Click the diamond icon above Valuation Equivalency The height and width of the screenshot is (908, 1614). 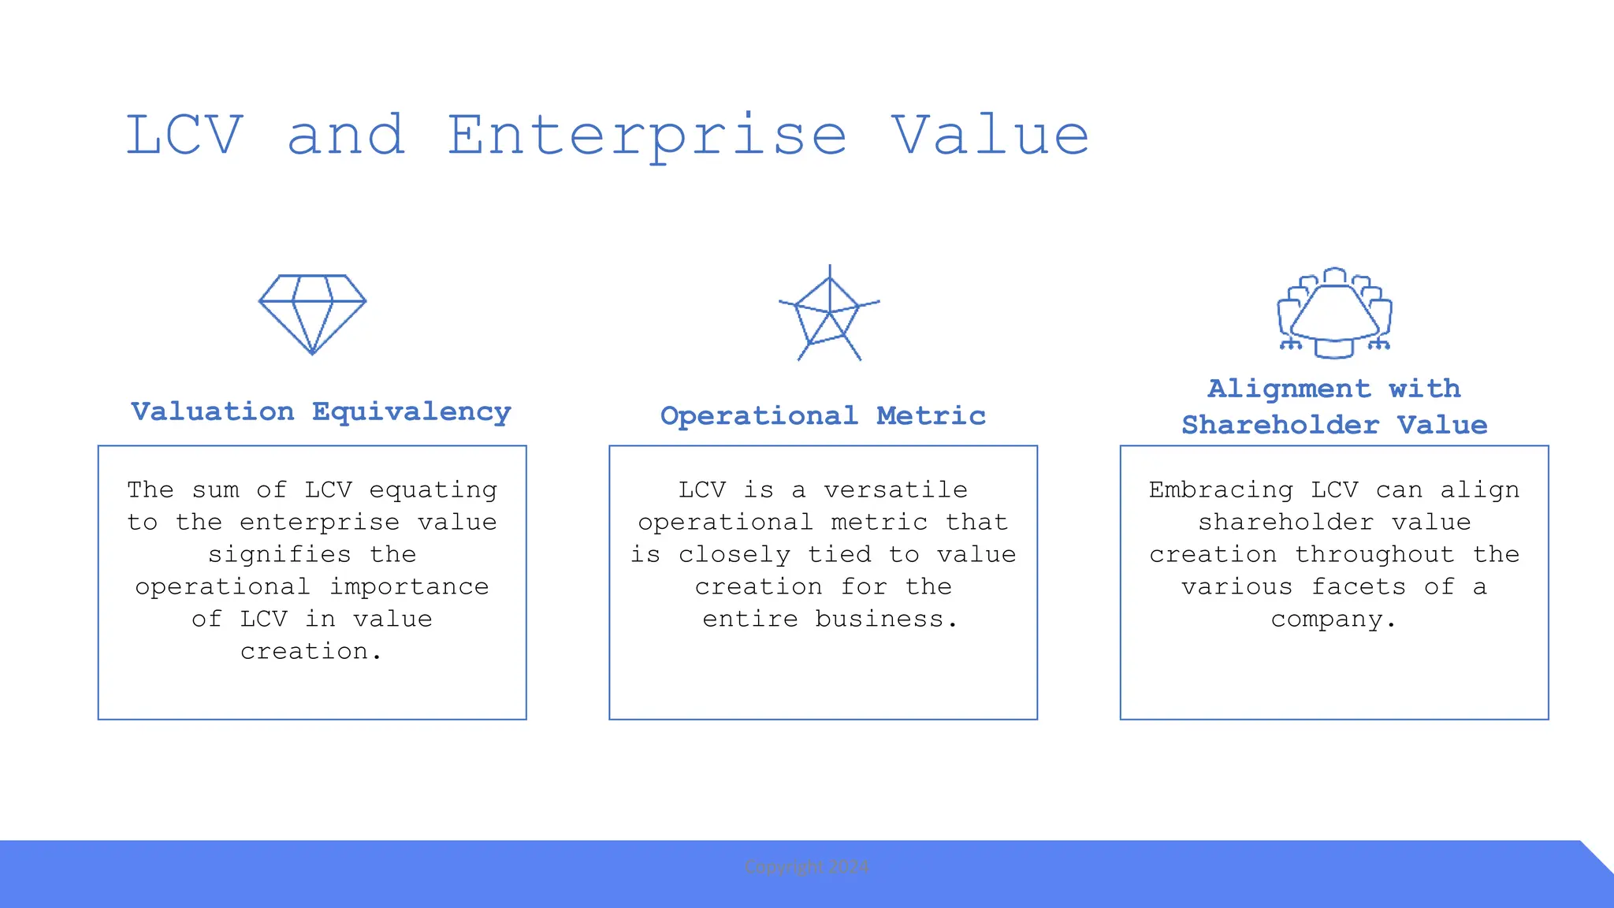tap(312, 314)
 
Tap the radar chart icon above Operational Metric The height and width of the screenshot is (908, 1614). tap(828, 314)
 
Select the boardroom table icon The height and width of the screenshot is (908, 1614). tap(1334, 314)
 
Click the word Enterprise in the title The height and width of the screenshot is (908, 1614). tap(647, 136)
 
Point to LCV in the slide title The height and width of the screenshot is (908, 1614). tap(184, 136)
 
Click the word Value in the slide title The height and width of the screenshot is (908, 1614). tap(991, 136)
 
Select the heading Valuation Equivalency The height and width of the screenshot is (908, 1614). tap(321, 411)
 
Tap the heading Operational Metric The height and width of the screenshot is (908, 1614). tap(823, 415)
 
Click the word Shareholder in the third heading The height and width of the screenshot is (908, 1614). tap(1280, 425)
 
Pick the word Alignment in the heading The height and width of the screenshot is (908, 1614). tap(1289, 389)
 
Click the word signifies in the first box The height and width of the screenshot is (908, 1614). tap(279, 555)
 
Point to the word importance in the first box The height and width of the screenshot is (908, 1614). tap(409, 587)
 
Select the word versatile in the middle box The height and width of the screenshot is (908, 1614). tap(895, 490)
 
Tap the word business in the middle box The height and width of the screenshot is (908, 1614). tap(878, 620)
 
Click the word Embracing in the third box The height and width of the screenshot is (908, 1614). tap(1221, 490)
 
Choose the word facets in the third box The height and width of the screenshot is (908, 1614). tap(1359, 587)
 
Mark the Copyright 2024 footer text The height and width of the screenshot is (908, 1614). tap(806, 867)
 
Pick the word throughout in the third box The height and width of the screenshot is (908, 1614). tap(1374, 555)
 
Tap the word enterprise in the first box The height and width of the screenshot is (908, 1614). tap(319, 523)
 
